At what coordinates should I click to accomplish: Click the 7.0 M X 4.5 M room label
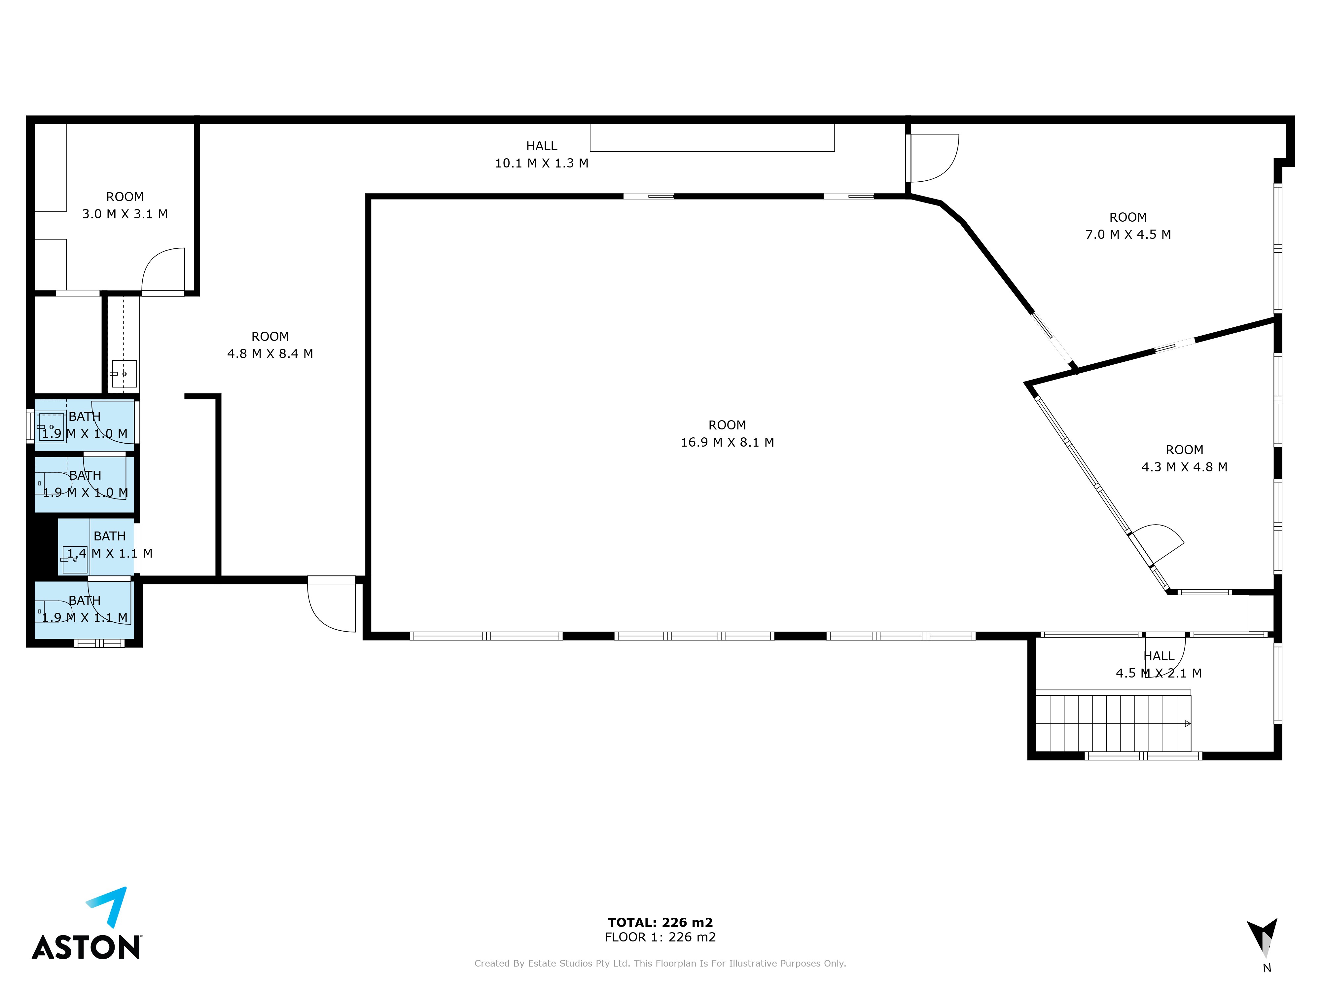point(1128,226)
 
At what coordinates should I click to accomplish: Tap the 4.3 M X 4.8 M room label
point(1184,458)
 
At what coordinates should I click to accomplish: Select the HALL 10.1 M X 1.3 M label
point(542,154)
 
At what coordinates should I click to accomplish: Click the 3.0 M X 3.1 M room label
point(125,205)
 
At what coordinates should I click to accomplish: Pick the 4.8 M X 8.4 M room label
point(270,345)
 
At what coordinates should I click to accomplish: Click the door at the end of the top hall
point(932,158)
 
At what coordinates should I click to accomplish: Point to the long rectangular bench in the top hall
point(712,137)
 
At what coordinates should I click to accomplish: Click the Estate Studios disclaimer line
point(660,963)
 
